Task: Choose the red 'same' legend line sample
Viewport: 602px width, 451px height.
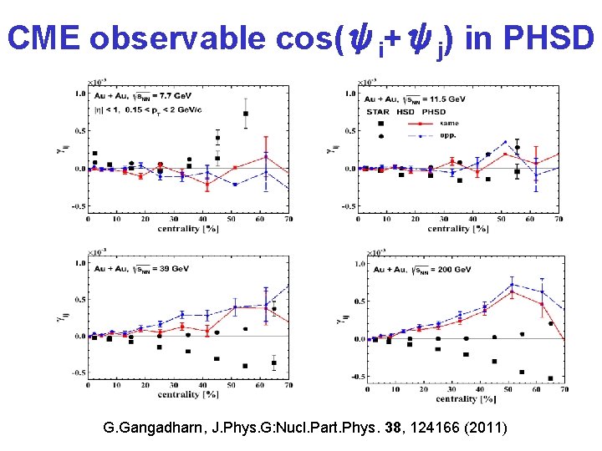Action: click(x=426, y=123)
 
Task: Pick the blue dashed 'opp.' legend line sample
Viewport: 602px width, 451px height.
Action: click(x=426, y=134)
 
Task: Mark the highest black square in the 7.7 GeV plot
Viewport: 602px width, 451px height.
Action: click(x=246, y=114)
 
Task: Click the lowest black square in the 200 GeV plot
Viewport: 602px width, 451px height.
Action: click(x=550, y=378)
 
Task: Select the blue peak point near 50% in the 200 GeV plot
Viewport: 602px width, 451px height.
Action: click(x=512, y=285)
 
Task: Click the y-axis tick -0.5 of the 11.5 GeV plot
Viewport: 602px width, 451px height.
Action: click(x=351, y=206)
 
